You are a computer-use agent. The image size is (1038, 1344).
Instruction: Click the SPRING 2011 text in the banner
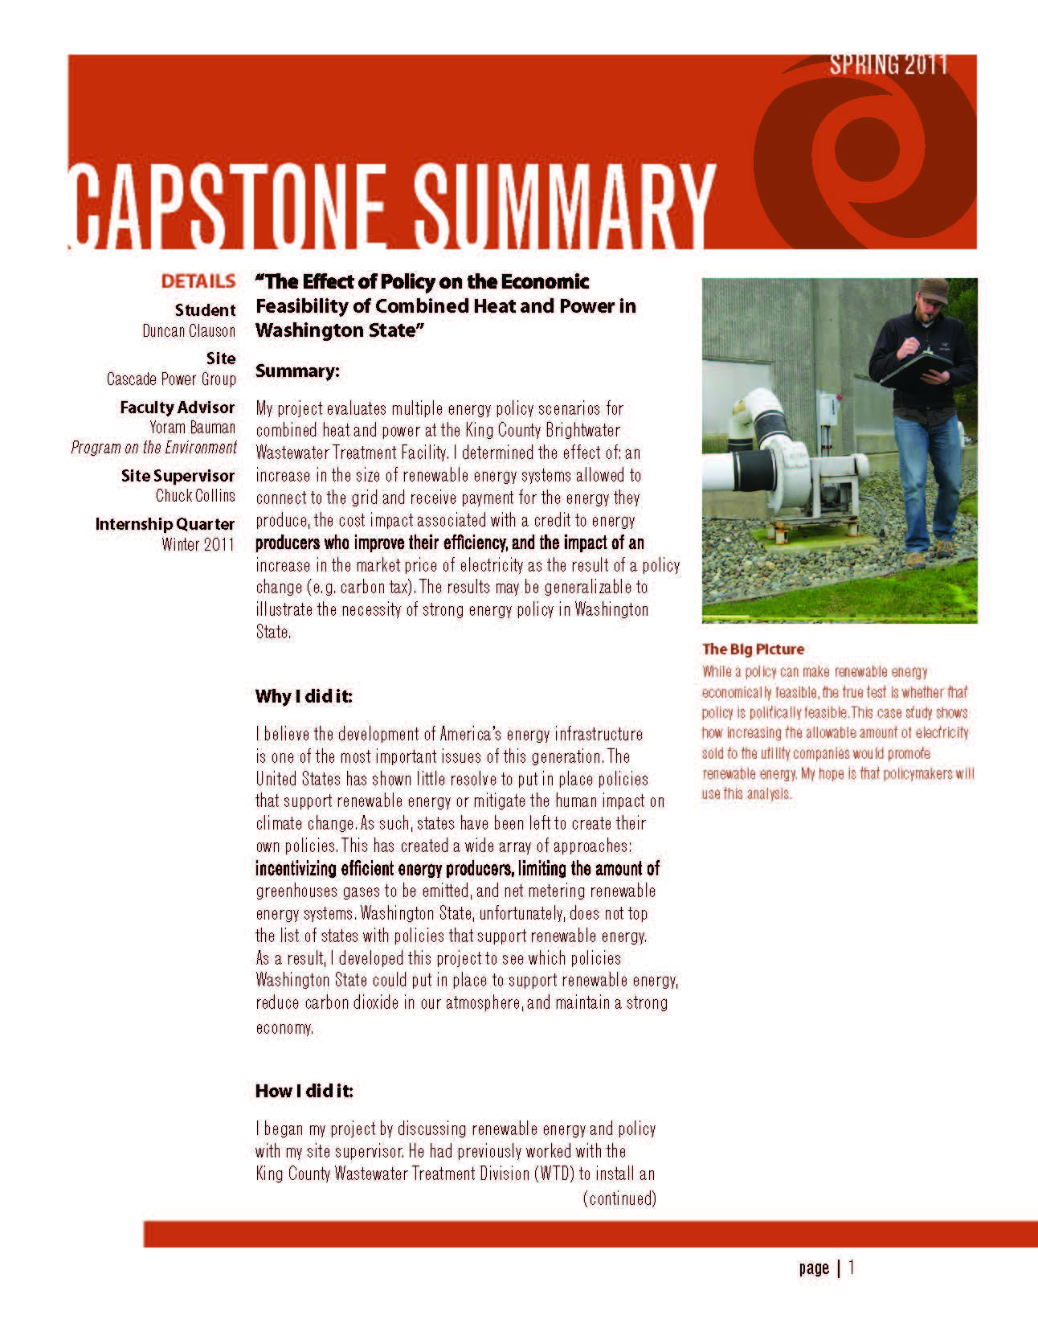pyautogui.click(x=889, y=64)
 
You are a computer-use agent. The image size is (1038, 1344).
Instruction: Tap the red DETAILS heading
pyautogui.click(x=198, y=281)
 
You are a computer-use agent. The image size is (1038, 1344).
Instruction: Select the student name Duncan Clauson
pyautogui.click(x=189, y=330)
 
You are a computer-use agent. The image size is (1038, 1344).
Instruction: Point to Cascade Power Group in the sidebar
pyautogui.click(x=171, y=379)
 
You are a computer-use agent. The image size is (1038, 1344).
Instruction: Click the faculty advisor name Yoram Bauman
pyautogui.click(x=192, y=427)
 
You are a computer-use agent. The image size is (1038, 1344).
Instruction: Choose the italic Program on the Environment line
pyautogui.click(x=153, y=447)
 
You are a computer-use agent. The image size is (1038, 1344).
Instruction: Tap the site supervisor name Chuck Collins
pyautogui.click(x=195, y=495)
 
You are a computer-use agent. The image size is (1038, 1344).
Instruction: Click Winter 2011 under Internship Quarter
pyautogui.click(x=198, y=544)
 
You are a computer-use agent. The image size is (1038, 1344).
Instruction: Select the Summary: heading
pyautogui.click(x=297, y=371)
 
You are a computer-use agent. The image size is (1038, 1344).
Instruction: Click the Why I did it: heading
pyautogui.click(x=304, y=695)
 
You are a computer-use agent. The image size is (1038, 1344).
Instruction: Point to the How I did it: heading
pyautogui.click(x=304, y=1091)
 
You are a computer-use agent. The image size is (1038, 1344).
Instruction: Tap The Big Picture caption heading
pyautogui.click(x=753, y=649)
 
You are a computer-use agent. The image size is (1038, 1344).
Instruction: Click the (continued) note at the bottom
pyautogui.click(x=619, y=1199)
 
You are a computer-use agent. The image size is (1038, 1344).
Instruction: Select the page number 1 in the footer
pyautogui.click(x=852, y=1268)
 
